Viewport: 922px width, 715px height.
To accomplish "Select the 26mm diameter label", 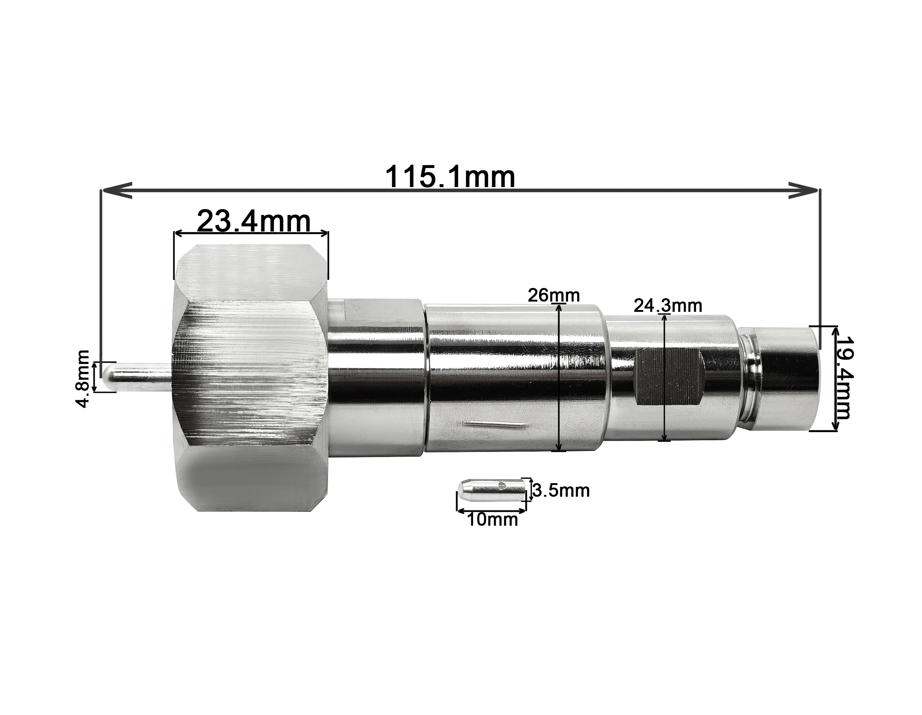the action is pos(553,295).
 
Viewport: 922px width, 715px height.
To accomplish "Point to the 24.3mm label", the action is pos(668,306).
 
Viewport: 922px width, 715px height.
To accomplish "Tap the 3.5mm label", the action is pos(561,490).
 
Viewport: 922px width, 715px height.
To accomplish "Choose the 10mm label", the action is pos(492,520).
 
